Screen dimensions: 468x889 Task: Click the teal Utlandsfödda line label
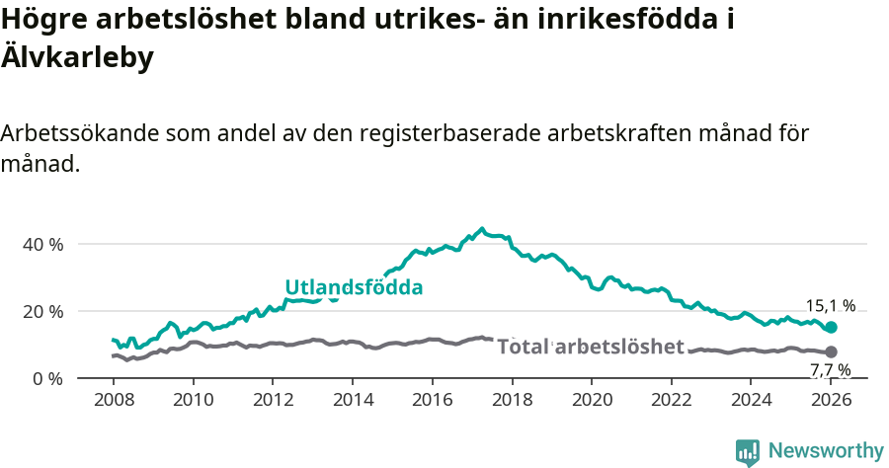pos(354,288)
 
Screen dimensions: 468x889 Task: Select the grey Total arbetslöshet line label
pos(590,347)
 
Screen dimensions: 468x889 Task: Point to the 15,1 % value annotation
pos(831,306)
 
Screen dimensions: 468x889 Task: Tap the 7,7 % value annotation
pos(831,370)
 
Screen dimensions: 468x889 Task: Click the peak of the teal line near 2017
pos(482,229)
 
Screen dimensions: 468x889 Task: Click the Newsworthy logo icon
pos(748,451)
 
